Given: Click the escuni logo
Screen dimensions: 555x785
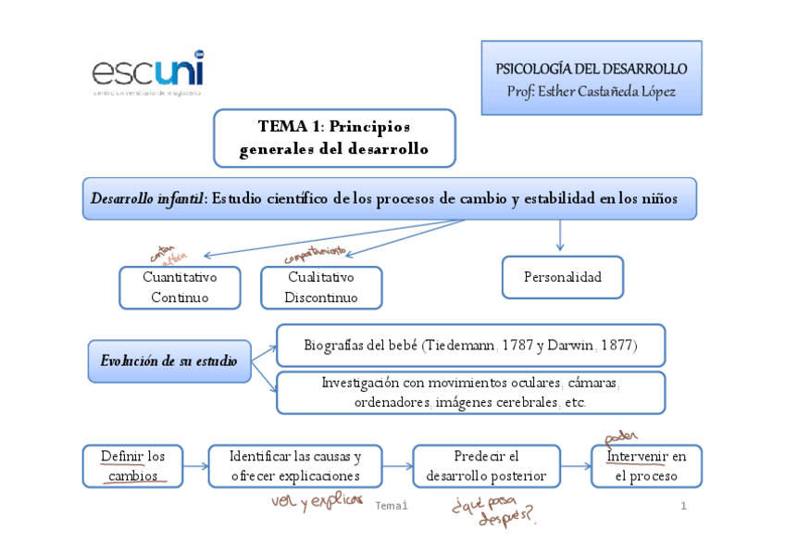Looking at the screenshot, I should click(147, 72).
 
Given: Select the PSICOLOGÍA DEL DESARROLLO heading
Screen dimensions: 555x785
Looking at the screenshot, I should click(591, 69).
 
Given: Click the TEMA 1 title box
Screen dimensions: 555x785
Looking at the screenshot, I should click(334, 138).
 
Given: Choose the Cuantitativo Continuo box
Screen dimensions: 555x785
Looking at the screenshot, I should click(180, 287).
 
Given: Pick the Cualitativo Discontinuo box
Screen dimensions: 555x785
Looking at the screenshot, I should click(321, 287).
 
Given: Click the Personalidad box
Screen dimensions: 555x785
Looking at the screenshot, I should click(562, 277).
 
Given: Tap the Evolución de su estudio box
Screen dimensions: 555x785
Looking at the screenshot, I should click(169, 360).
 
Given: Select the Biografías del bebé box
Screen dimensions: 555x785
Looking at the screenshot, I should click(470, 345).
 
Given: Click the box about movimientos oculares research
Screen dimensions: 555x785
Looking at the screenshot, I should click(470, 393).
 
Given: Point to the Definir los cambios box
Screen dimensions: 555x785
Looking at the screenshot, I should click(132, 466).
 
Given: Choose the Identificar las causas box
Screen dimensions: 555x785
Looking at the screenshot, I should click(295, 466).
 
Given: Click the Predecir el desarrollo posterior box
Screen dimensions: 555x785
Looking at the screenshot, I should click(486, 466).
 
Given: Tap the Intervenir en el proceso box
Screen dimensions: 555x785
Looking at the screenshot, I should click(646, 466).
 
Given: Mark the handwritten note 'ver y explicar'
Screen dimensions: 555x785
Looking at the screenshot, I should click(305, 501).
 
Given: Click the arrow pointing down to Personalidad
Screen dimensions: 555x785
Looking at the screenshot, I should click(560, 235).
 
